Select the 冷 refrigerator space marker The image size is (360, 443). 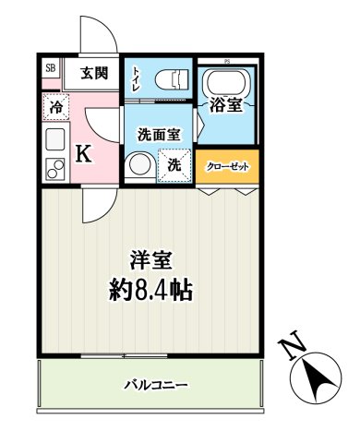point(55,107)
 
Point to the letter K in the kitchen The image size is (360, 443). point(83,154)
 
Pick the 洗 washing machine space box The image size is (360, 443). point(174,167)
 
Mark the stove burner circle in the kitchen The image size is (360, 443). point(53,169)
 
